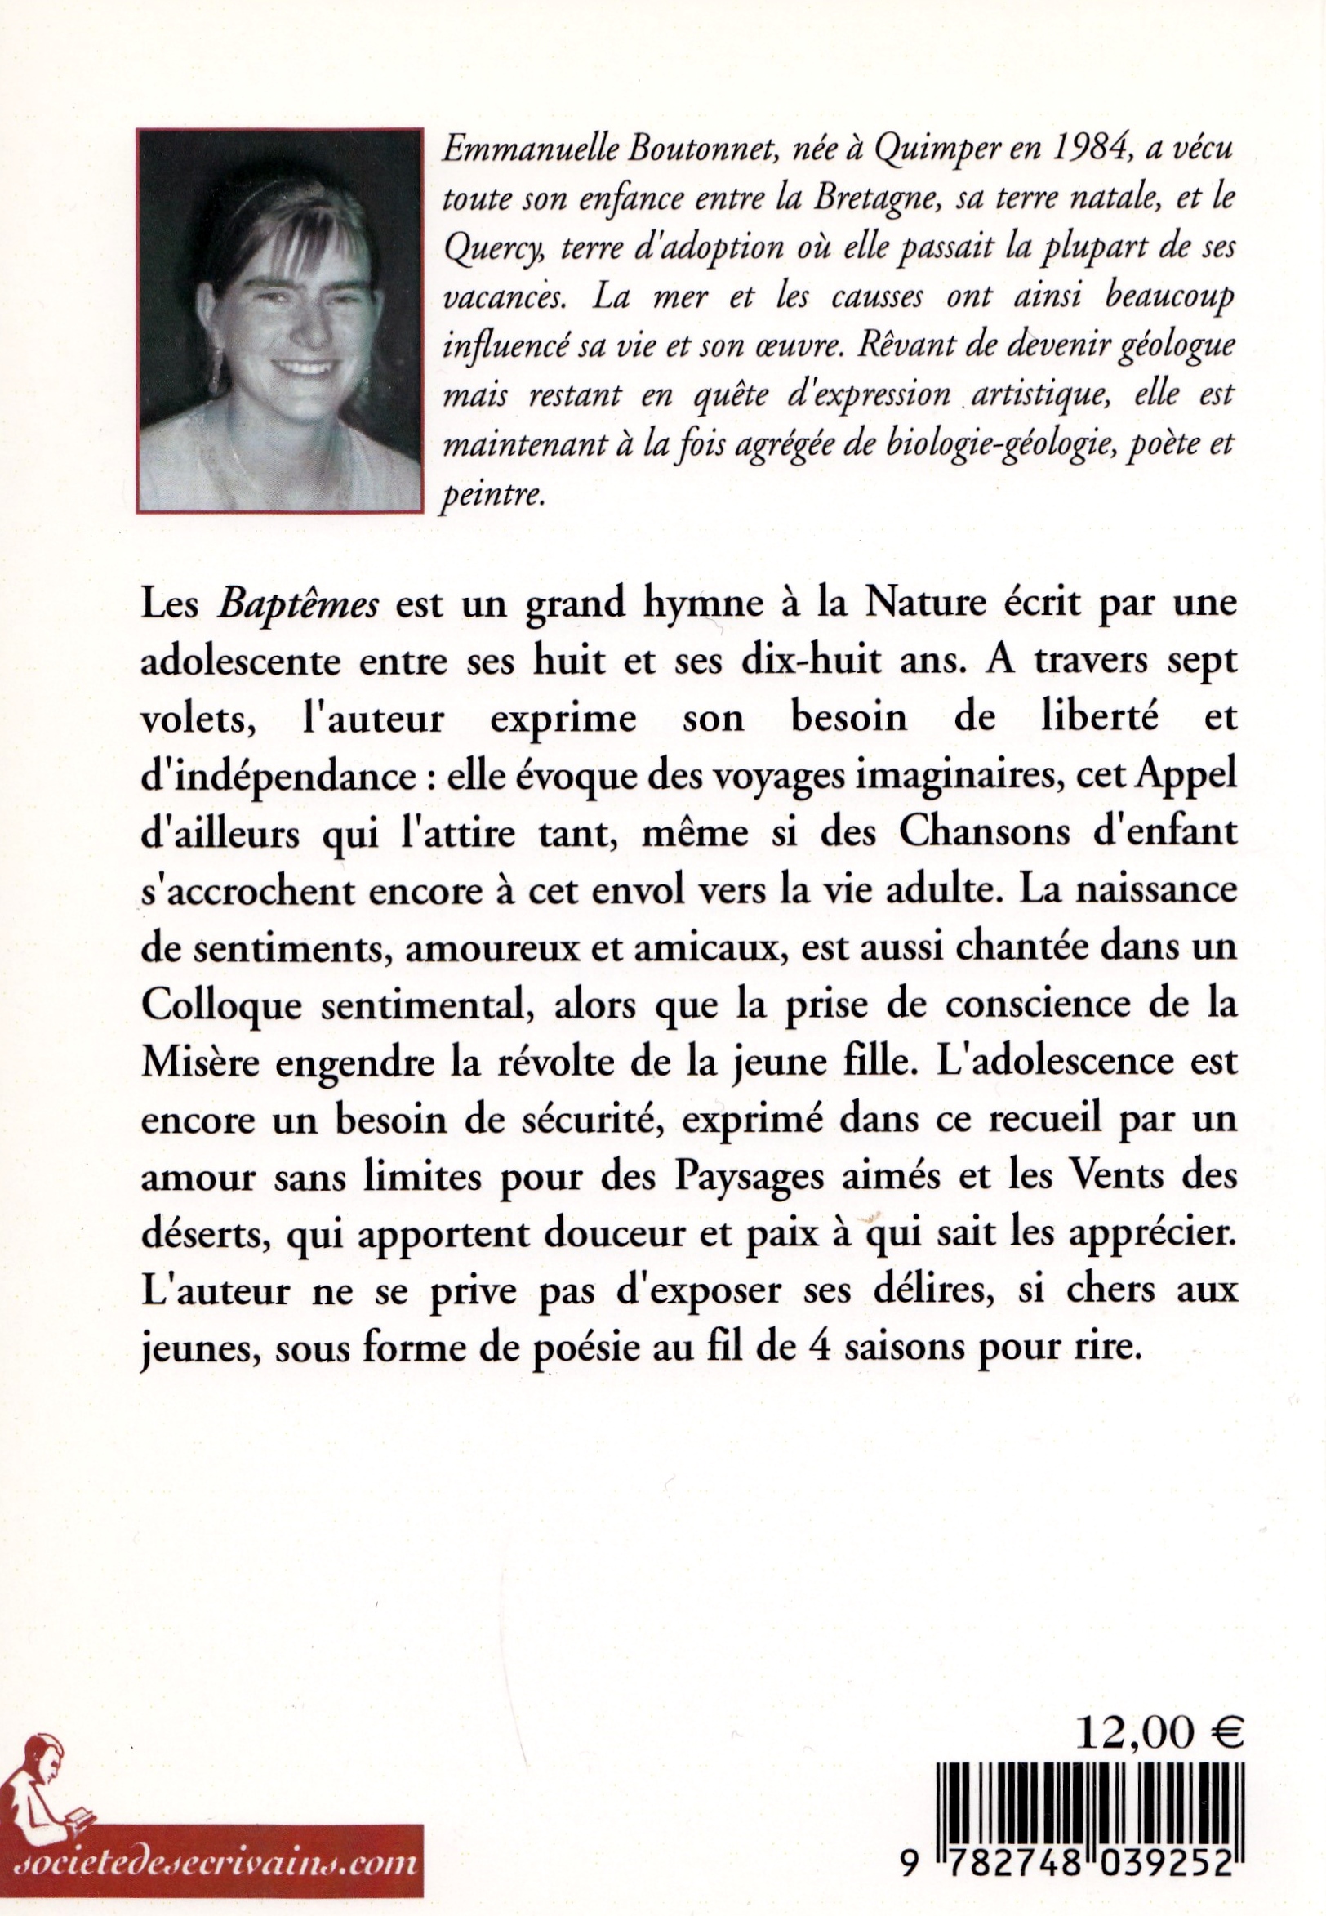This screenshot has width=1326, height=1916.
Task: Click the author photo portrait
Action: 280,319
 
